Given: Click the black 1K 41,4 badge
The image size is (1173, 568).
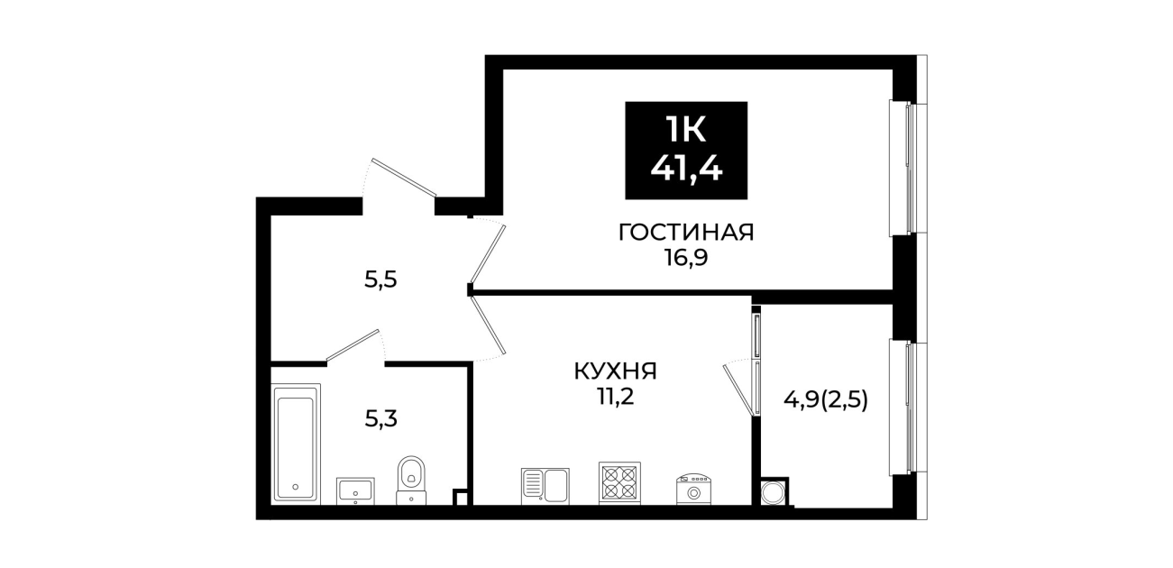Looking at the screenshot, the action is pyautogui.click(x=686, y=151).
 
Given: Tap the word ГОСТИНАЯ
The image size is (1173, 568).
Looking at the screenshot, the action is pyautogui.click(x=686, y=233).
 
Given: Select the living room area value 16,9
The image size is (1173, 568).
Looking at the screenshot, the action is pyautogui.click(x=686, y=258).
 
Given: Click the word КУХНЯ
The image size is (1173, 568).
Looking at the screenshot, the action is pyautogui.click(x=615, y=371).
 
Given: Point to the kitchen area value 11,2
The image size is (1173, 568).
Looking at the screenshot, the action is pyautogui.click(x=615, y=397).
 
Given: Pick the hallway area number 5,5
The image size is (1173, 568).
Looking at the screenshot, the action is pyautogui.click(x=380, y=280).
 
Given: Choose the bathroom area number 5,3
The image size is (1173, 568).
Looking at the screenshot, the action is pyautogui.click(x=380, y=419).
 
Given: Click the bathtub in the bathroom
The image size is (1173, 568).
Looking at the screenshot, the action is pyautogui.click(x=296, y=444).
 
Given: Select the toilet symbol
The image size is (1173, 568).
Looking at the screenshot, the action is pyautogui.click(x=411, y=480).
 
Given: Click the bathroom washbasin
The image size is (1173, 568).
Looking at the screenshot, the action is pyautogui.click(x=355, y=491).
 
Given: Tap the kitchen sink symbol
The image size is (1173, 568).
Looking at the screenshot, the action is pyautogui.click(x=545, y=486).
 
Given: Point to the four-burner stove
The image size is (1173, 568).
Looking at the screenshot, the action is pyautogui.click(x=619, y=483).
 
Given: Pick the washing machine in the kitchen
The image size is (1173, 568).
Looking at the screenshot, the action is pyautogui.click(x=694, y=490).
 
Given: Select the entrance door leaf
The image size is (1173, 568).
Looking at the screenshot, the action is pyautogui.click(x=404, y=177).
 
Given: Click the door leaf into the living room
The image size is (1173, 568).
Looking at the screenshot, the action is pyautogui.click(x=488, y=254).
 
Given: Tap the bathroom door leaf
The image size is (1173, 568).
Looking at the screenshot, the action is pyautogui.click(x=353, y=345).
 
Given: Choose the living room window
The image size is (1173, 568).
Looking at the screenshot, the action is pyautogui.click(x=909, y=168).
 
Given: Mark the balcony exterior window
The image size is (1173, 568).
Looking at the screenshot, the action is pyautogui.click(x=909, y=408).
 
